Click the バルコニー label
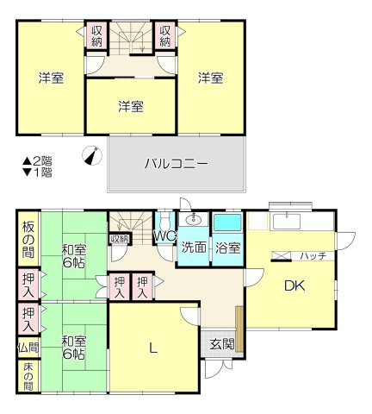(176, 162)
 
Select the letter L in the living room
(153, 348)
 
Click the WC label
(164, 235)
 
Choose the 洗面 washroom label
(194, 248)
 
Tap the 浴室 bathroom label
(228, 248)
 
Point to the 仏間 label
(28, 348)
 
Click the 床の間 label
(28, 376)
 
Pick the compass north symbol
(90, 156)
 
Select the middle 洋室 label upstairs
(131, 106)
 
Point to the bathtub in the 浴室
(228, 223)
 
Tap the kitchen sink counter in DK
(287, 222)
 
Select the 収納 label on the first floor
(119, 239)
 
